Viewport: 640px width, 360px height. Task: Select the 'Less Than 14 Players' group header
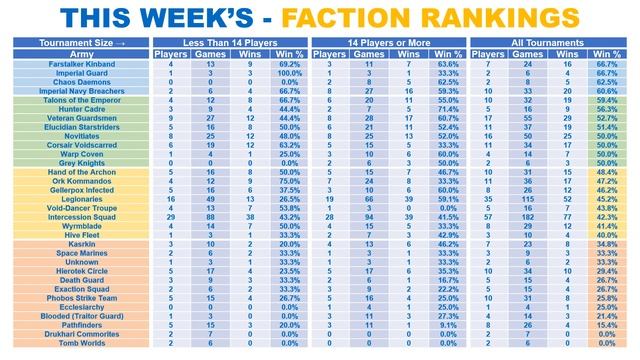click(x=232, y=44)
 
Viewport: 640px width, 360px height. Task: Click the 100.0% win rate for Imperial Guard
click(x=291, y=72)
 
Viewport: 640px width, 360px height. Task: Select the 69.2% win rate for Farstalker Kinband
click(x=291, y=63)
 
